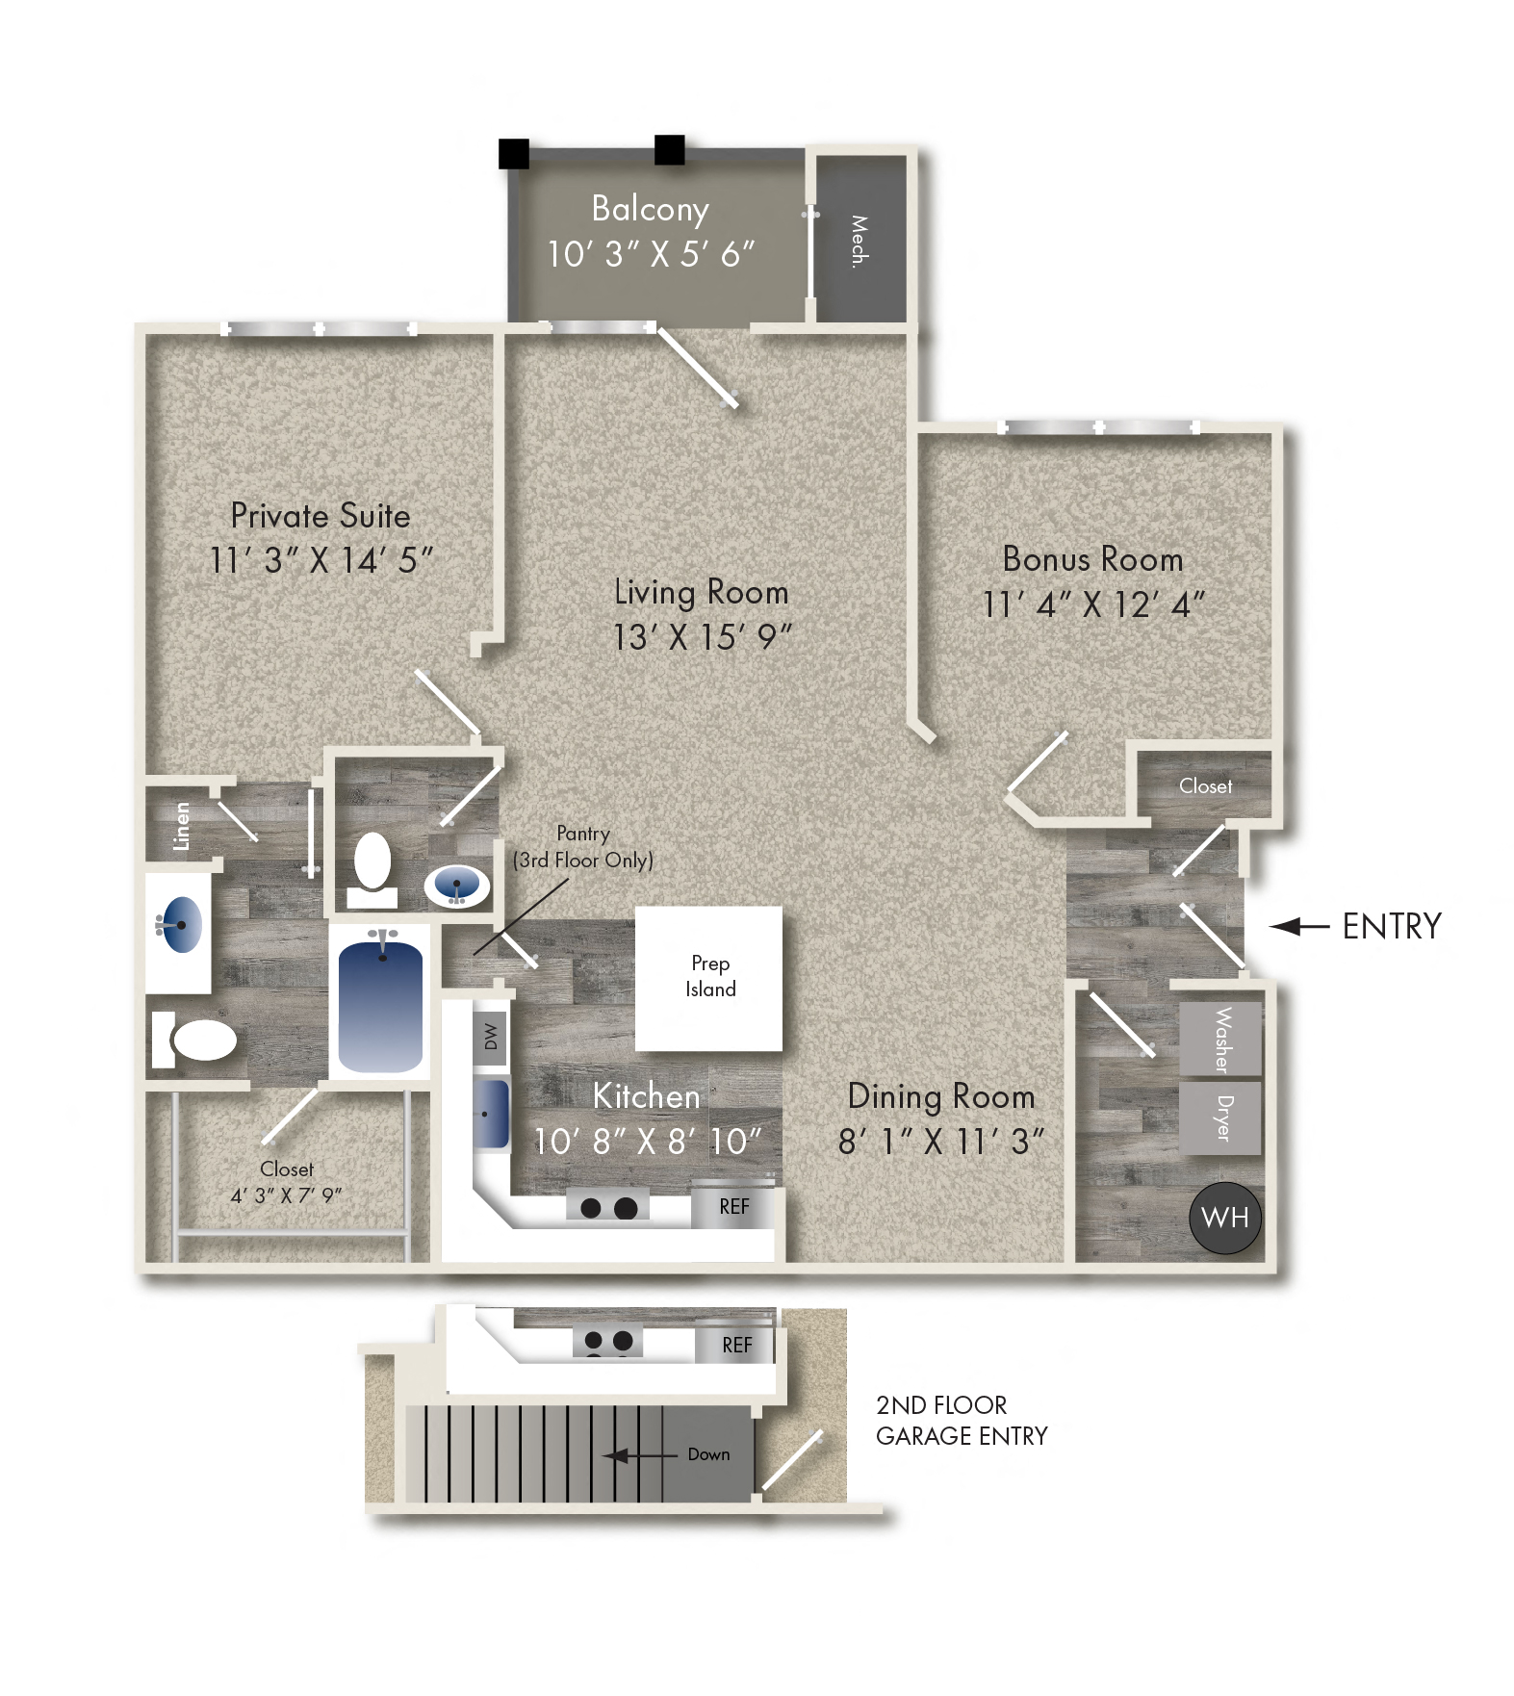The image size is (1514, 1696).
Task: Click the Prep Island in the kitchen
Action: [708, 977]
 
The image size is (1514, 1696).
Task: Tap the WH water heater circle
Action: [1224, 1218]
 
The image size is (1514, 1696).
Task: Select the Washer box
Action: [1220, 1040]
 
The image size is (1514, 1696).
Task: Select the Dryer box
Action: [1220, 1118]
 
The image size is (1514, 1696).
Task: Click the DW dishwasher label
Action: [491, 1037]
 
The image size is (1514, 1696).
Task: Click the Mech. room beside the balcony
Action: [860, 241]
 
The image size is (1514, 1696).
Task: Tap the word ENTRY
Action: [1391, 926]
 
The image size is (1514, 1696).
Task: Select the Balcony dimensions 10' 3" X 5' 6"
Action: [651, 254]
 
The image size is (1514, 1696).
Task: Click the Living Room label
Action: [701, 592]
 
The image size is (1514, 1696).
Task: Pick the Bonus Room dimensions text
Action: [1092, 604]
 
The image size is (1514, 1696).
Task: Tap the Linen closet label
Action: [181, 826]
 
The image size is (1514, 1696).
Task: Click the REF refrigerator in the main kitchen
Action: [733, 1207]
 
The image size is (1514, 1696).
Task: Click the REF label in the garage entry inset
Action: [736, 1346]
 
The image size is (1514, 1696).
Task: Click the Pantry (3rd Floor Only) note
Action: [582, 847]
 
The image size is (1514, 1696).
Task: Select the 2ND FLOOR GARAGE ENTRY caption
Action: [961, 1421]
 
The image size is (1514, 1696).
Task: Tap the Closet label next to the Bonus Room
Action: [1205, 786]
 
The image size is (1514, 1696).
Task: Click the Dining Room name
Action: [940, 1096]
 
